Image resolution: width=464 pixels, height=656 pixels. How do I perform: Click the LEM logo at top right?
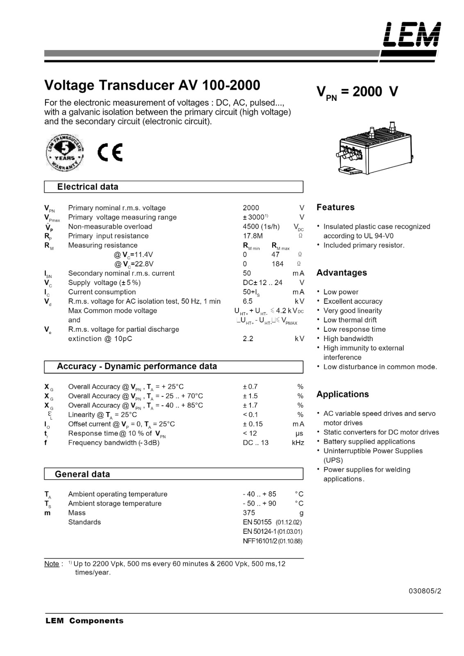click(x=412, y=35)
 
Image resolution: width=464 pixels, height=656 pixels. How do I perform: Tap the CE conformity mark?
click(x=110, y=153)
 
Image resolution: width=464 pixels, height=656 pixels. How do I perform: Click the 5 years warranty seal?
click(x=65, y=152)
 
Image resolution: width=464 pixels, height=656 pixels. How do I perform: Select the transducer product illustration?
click(x=375, y=149)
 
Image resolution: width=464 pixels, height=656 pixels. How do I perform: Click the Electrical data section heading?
click(x=88, y=187)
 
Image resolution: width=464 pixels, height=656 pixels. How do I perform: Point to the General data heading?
click(x=82, y=474)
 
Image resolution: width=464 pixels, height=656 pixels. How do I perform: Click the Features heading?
click(x=335, y=207)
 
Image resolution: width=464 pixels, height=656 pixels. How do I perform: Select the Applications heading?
click(x=342, y=394)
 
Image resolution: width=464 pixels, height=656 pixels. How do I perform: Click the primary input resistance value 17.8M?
click(x=252, y=236)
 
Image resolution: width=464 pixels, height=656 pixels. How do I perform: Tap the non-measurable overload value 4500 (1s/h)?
click(x=261, y=227)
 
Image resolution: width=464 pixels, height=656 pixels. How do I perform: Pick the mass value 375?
click(x=249, y=513)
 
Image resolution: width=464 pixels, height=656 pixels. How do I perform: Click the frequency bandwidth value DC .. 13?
click(x=255, y=443)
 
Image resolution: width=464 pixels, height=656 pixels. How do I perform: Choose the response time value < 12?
click(x=250, y=433)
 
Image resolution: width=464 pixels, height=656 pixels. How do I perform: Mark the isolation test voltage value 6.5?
click(x=248, y=301)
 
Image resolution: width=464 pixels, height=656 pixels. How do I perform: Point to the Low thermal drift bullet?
click(x=350, y=320)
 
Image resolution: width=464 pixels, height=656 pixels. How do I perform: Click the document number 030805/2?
click(x=425, y=591)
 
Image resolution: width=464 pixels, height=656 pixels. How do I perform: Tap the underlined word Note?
click(x=52, y=564)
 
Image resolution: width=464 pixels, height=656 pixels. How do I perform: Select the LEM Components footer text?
click(x=84, y=621)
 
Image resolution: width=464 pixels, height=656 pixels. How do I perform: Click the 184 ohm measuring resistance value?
click(x=277, y=264)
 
